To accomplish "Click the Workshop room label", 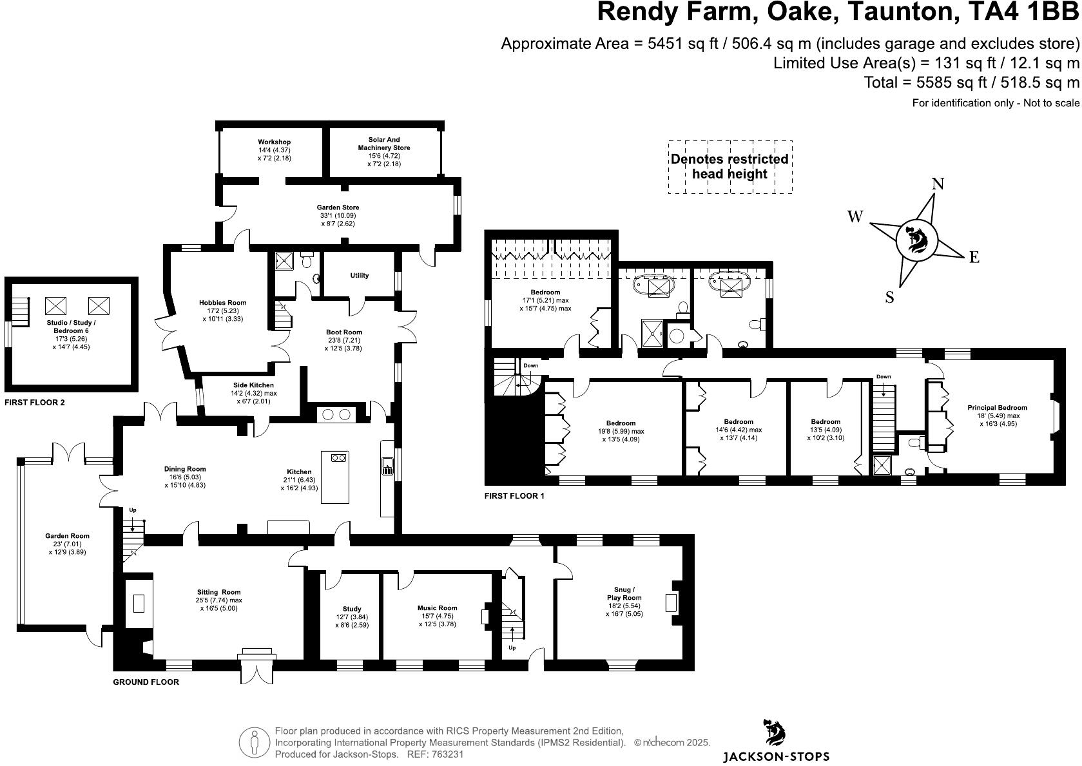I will [x=274, y=142].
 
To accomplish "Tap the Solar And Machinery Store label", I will [x=384, y=144].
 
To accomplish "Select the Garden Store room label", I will [x=338, y=207].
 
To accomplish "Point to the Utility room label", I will [x=360, y=276].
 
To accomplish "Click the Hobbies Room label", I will [x=222, y=303].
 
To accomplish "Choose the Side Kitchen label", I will [x=253, y=385].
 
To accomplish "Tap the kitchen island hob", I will [x=338, y=458].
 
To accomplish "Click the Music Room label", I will [x=437, y=608].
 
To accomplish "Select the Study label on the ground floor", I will [x=352, y=609].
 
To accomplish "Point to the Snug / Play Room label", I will [x=624, y=593].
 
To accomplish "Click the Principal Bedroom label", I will [x=997, y=408].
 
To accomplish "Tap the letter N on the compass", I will [x=938, y=184].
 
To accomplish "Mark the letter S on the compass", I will [x=890, y=297].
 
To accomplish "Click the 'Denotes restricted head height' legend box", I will [x=729, y=167].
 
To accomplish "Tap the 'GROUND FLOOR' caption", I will [x=146, y=682].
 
